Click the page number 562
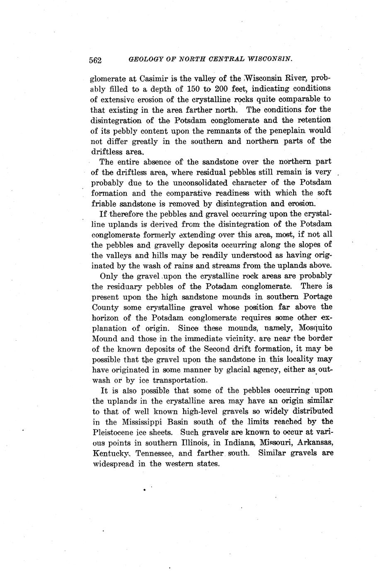point(96,60)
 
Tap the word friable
point(104,204)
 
